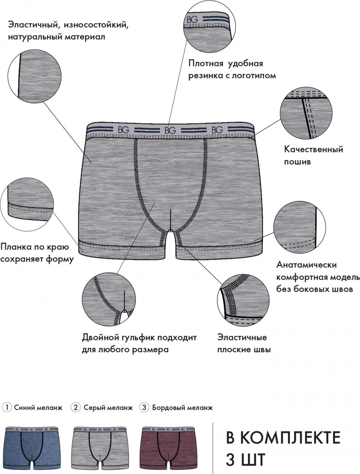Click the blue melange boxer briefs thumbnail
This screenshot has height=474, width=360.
pyautogui.click(x=31, y=448)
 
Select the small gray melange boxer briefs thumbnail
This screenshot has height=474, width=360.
pyautogui.click(x=99, y=448)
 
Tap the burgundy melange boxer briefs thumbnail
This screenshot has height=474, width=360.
pyautogui.click(x=167, y=448)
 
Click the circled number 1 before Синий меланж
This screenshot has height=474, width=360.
pyautogui.click(x=7, y=407)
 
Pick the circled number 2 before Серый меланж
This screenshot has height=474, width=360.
pyautogui.click(x=75, y=407)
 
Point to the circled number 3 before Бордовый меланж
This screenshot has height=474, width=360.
pyautogui.click(x=144, y=407)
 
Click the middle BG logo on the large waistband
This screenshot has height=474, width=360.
pyautogui.click(x=170, y=130)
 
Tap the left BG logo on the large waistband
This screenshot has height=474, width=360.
pyautogui.click(x=123, y=130)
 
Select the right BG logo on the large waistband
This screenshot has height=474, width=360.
pyautogui.click(x=217, y=130)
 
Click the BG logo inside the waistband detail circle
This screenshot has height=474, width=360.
pyautogui.click(x=192, y=19)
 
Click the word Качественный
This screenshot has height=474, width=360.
pyautogui.click(x=314, y=149)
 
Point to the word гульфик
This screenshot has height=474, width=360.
pyautogui.click(x=140, y=337)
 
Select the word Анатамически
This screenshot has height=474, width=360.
pyautogui.click(x=306, y=265)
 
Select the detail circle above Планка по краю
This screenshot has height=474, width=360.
pyautogui.click(x=27, y=204)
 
